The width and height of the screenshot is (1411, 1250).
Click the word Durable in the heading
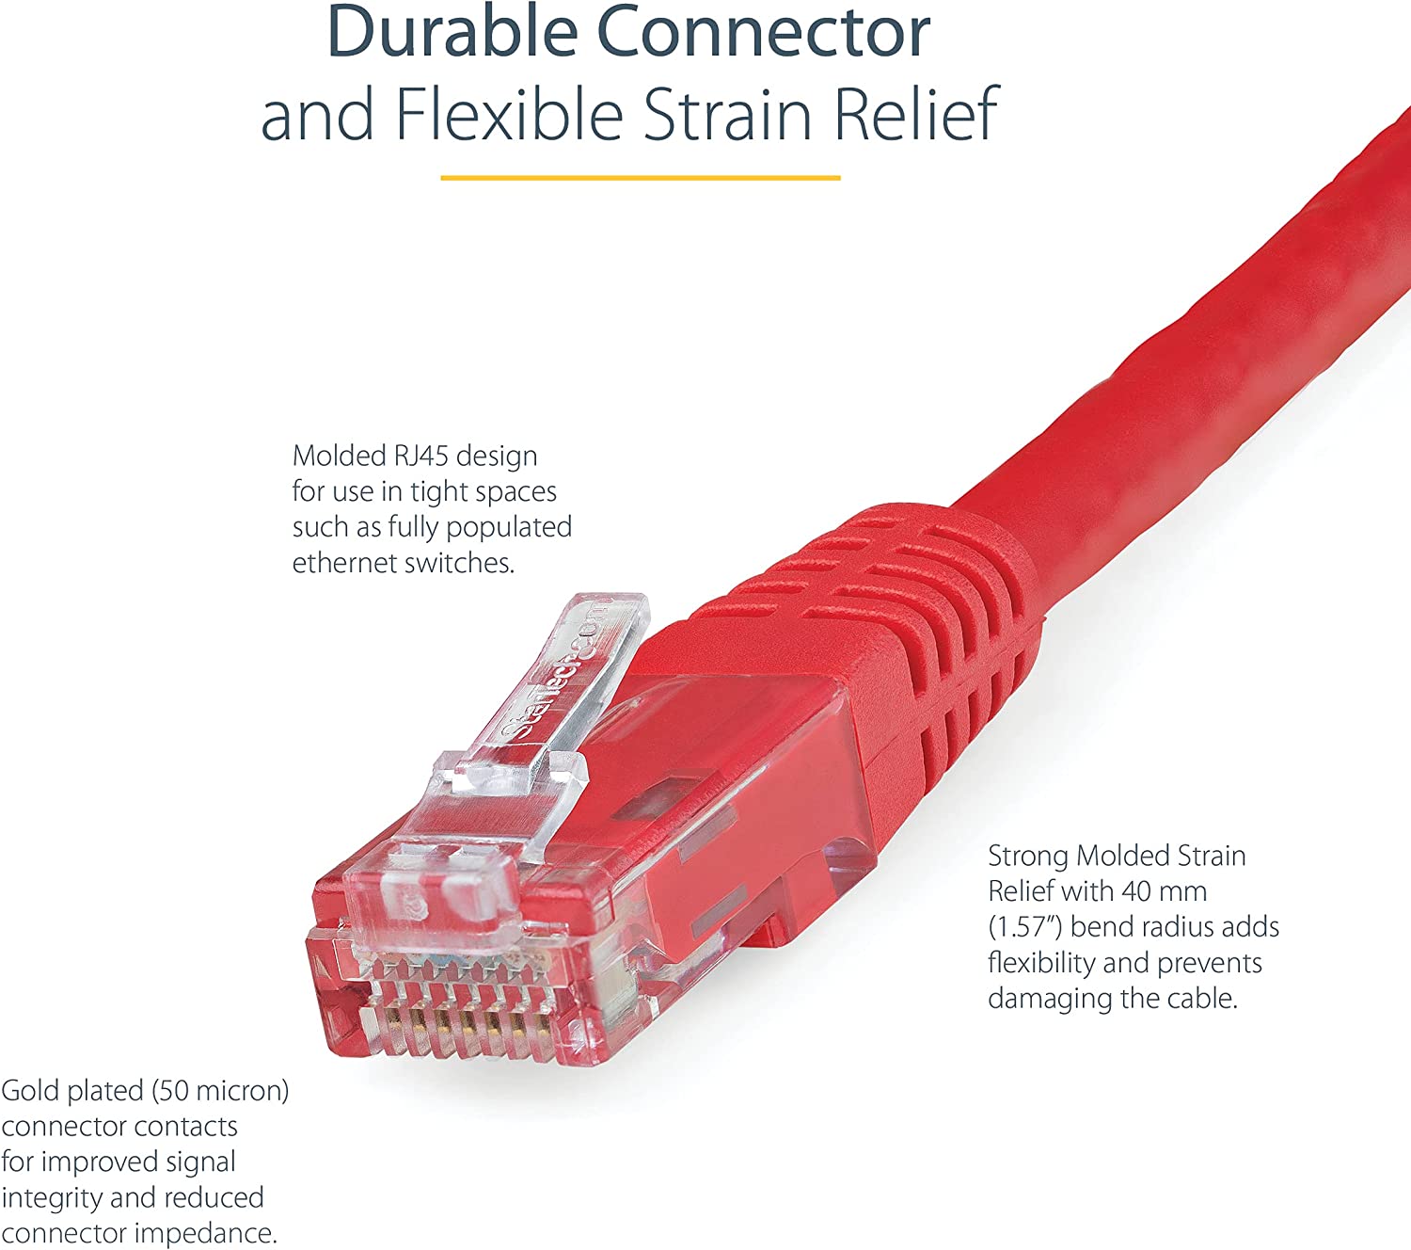[452, 32]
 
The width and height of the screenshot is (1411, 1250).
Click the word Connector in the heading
[763, 32]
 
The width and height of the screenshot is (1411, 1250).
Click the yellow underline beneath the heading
[640, 178]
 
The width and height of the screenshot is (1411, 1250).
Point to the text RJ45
[417, 457]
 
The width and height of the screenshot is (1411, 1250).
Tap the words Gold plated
[71, 1091]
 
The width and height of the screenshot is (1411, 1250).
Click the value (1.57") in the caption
[1025, 927]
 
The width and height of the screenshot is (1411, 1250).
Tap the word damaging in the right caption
[1051, 1000]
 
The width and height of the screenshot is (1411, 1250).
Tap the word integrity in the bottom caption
[53, 1198]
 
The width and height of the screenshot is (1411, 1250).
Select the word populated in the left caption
[508, 528]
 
